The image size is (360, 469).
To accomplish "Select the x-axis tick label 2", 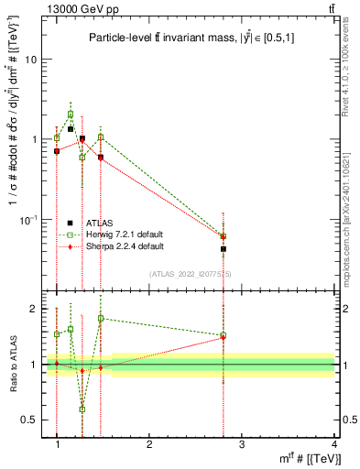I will click(149, 444).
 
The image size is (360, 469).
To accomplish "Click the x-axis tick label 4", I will click(334, 444).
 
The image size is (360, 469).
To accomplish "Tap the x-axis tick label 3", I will click(242, 444).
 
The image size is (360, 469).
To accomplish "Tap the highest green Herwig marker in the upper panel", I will click(71, 115).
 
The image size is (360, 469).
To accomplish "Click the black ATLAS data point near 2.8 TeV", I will click(224, 249).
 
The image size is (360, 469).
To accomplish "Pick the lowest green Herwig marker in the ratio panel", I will click(82, 409).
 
